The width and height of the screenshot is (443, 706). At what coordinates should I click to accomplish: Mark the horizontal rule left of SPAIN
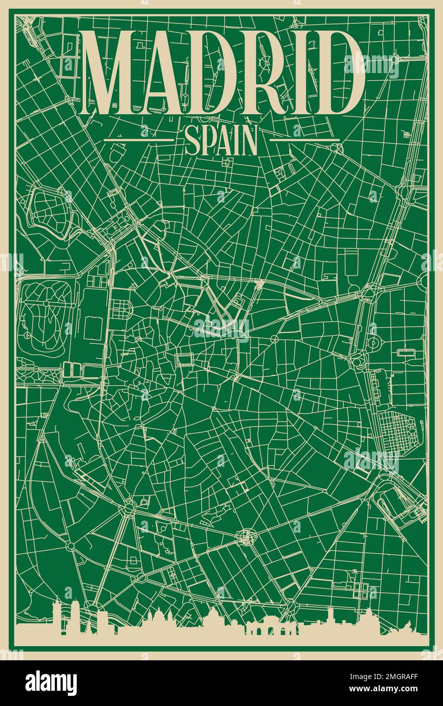[x=138, y=140]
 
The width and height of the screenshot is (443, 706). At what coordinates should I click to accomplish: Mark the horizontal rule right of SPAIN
[x=304, y=140]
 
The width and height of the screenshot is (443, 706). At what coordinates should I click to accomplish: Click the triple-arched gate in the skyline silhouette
[x=266, y=629]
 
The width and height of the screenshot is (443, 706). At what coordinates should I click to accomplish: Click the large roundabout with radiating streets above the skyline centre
[x=247, y=537]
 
